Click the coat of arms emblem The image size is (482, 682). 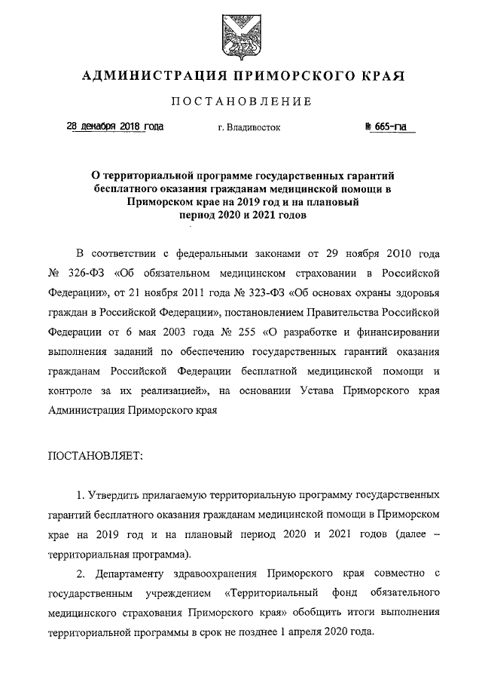(x=241, y=35)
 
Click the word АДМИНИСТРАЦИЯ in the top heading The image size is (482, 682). (x=151, y=76)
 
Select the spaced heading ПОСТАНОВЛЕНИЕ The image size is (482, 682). (x=241, y=102)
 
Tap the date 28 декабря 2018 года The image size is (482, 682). (x=114, y=127)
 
